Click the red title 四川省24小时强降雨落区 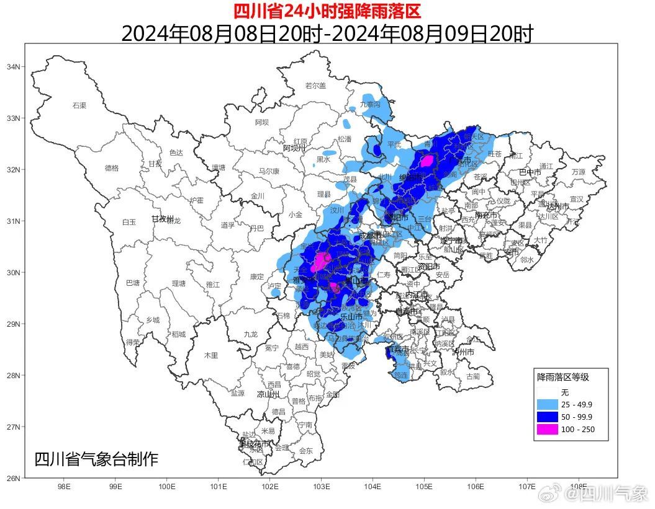327,11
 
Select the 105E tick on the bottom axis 424,487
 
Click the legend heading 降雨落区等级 562,377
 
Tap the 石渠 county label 79,105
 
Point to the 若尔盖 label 315,86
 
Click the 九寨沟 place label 371,105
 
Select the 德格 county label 111,167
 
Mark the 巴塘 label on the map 132,283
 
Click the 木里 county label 211,355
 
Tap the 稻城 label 179,334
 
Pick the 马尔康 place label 269,171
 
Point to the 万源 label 579,172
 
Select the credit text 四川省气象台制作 96,459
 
